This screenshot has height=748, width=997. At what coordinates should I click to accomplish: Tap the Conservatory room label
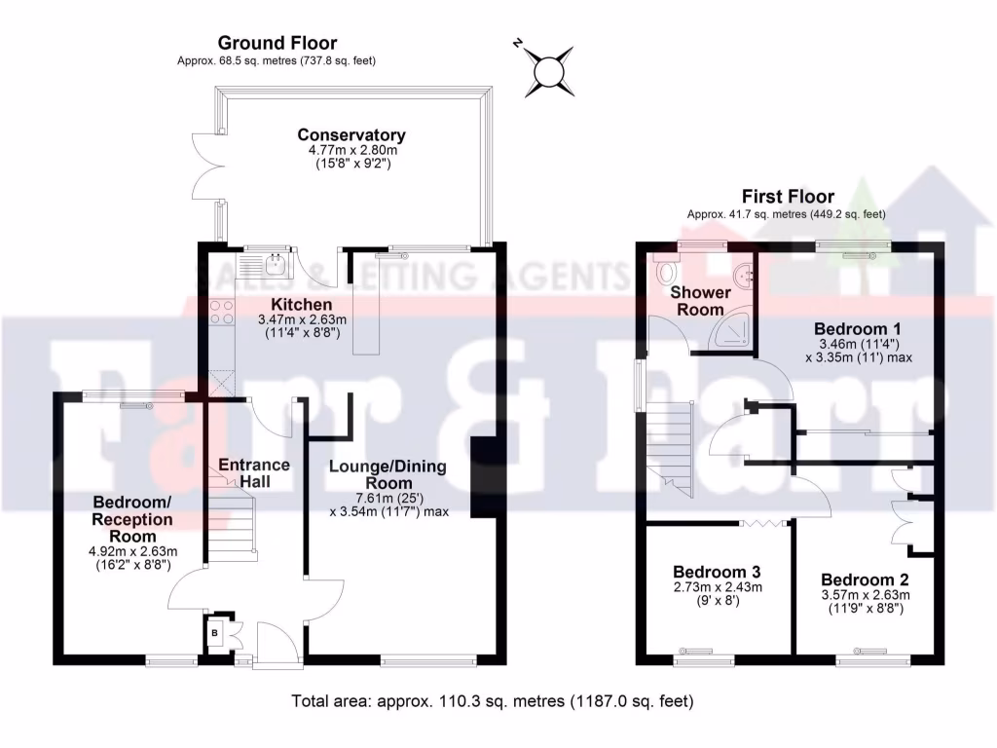[351, 135]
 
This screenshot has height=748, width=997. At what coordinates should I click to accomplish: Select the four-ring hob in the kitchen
[221, 311]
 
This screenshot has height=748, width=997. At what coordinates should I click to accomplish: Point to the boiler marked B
[215, 634]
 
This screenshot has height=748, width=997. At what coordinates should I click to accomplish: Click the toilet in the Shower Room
[667, 269]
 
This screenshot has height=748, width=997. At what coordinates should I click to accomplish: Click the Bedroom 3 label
[717, 572]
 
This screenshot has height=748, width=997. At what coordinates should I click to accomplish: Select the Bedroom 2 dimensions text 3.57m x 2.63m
[864, 595]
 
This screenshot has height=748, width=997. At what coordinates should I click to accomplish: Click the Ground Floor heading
[277, 43]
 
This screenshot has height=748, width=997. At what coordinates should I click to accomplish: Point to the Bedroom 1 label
[850, 328]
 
